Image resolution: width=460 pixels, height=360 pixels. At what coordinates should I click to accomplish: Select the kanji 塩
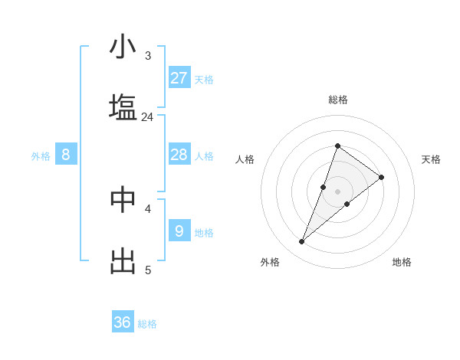[123, 106]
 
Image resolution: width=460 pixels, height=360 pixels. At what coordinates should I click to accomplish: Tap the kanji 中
[123, 198]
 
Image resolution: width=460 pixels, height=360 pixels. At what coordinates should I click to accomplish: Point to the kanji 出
[123, 260]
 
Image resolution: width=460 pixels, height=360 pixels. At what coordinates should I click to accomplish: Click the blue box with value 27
[179, 78]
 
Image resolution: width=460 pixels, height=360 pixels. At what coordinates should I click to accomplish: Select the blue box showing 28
[179, 155]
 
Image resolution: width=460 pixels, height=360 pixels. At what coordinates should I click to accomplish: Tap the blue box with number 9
[179, 231]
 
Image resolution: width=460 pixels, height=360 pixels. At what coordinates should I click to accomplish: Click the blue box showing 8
[66, 155]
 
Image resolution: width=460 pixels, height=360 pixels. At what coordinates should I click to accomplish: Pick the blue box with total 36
[123, 322]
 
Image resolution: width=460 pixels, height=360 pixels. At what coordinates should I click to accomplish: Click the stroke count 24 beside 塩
[147, 117]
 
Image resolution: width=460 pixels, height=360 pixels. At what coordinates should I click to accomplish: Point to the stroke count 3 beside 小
[148, 56]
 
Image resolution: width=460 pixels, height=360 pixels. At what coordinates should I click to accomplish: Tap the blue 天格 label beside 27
[204, 80]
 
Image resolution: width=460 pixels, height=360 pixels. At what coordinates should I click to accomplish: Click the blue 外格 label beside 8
[41, 156]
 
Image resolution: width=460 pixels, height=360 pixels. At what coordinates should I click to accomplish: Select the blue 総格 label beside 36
[147, 324]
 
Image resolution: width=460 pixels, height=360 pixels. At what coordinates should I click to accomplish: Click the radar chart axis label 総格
[337, 100]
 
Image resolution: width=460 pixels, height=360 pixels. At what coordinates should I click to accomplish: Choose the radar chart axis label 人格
[245, 159]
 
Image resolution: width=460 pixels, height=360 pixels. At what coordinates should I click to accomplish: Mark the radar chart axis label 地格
[402, 262]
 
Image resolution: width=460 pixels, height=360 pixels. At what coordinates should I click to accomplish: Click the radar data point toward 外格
[301, 242]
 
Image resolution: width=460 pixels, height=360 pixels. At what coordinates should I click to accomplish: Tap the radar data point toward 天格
[381, 177]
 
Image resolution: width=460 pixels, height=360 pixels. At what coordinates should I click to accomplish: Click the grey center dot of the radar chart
[337, 191]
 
